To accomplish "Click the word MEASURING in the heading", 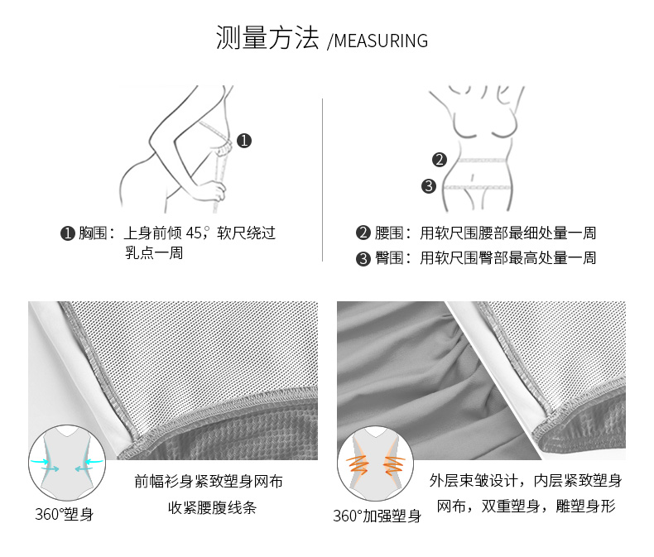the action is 381,41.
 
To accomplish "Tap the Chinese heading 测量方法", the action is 267,37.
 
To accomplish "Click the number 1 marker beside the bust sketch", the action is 244,141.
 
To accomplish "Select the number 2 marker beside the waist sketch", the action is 440,160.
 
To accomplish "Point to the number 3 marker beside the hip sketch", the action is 428,186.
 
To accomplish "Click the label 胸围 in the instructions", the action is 93,233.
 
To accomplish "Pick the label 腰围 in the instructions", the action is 388,233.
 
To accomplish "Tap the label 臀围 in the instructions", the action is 388,258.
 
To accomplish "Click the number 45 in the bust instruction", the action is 194,233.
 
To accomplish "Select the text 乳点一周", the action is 154,252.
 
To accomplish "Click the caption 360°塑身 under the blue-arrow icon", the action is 65,514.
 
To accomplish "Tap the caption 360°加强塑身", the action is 377,516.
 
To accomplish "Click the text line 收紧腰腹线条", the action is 212,507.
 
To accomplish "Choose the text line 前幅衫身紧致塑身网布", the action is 209,482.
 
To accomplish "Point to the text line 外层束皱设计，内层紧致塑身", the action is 526,481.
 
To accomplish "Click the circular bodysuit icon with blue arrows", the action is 67,463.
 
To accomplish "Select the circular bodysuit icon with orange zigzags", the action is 375,463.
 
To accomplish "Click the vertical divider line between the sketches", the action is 322,180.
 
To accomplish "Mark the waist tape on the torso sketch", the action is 481,160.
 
